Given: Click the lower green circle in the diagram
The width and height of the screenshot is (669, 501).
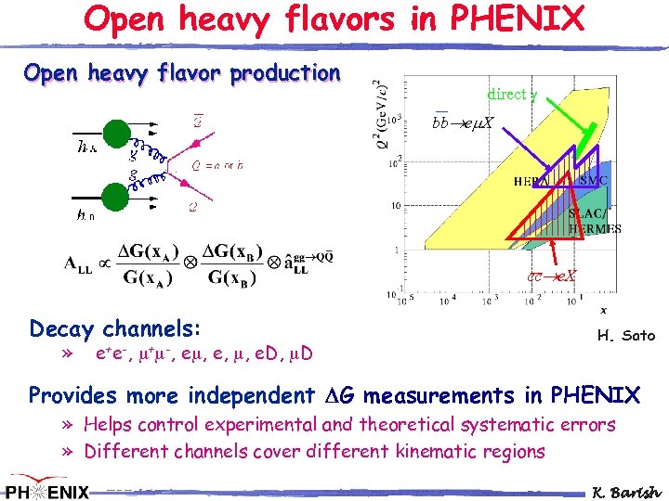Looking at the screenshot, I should click(x=114, y=198).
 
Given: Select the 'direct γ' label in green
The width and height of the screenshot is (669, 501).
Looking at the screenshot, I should click(x=511, y=94).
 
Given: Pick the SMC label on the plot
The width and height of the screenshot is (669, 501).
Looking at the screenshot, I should click(x=594, y=180).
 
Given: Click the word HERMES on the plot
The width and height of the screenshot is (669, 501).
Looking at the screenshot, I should click(x=596, y=229).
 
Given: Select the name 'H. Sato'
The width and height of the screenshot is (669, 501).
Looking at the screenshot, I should click(x=625, y=335).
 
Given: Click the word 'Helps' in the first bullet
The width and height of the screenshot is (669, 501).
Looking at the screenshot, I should click(x=109, y=425).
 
